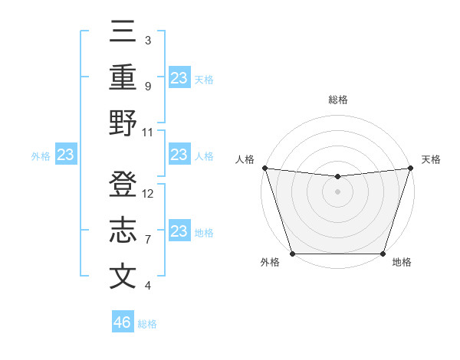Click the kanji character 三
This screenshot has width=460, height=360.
tap(123, 33)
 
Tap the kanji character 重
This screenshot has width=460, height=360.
tap(123, 78)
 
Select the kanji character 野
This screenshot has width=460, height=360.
tap(123, 123)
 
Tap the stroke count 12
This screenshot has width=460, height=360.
tap(149, 193)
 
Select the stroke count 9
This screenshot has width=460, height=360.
tap(147, 86)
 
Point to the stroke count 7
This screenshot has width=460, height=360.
tap(147, 239)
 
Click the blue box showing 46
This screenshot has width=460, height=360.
tap(123, 322)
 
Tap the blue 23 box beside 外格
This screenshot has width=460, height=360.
tap(65, 155)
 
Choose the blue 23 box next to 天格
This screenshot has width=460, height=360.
tap(179, 78)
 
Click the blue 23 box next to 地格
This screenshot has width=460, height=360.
tap(179, 231)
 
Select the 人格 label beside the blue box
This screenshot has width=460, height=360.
tap(204, 156)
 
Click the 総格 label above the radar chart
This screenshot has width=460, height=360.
tap(338, 100)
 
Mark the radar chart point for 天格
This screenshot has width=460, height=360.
tap(410, 168)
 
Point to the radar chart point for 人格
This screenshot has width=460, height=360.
tap(264, 168)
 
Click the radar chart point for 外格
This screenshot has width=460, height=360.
tap(292, 254)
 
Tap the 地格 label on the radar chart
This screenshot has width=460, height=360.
tap(402, 263)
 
